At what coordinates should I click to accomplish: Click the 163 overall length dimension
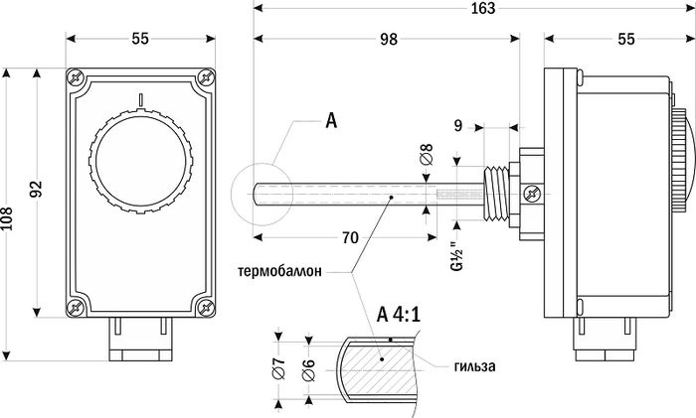click(483, 8)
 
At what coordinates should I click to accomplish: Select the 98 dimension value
click(389, 39)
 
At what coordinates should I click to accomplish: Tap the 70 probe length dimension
click(350, 237)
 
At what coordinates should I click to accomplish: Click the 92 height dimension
click(37, 189)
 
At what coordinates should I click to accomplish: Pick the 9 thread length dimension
click(458, 126)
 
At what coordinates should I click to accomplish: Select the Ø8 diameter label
click(427, 154)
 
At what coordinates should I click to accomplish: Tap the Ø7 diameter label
click(278, 368)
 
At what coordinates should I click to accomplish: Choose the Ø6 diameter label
click(308, 369)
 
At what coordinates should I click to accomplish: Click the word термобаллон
click(279, 271)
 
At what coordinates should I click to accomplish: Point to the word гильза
click(475, 366)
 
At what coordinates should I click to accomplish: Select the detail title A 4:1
click(398, 315)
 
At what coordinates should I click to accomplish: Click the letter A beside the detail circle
click(331, 120)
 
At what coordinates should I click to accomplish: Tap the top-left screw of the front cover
click(76, 77)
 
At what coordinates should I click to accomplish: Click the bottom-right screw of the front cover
click(206, 307)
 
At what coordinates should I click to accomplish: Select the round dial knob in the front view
click(141, 162)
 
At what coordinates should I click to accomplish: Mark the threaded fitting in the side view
click(495, 193)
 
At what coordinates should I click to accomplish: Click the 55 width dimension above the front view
click(140, 39)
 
